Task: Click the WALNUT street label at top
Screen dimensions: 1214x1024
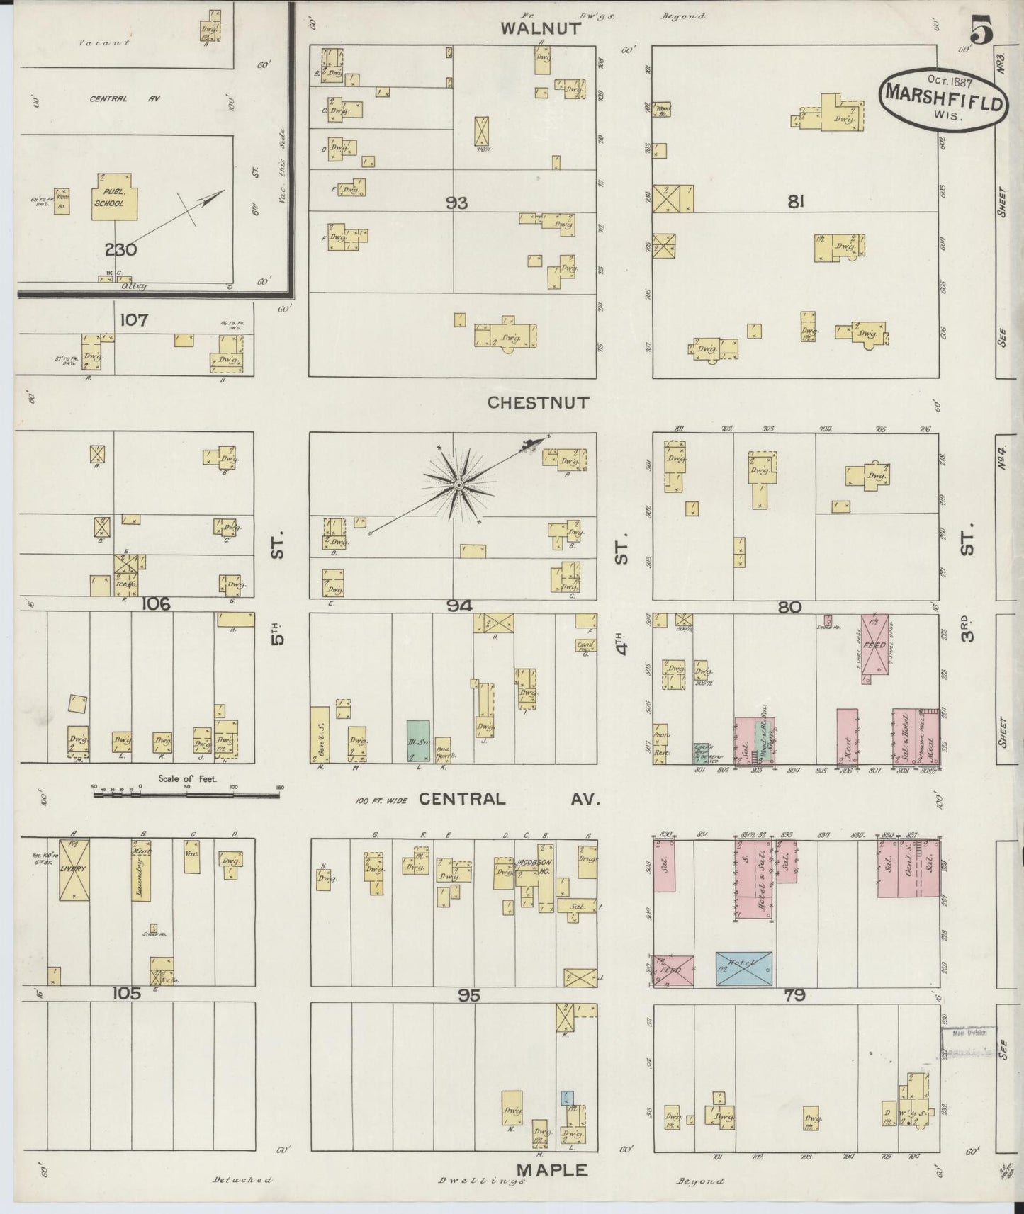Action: pyautogui.click(x=541, y=29)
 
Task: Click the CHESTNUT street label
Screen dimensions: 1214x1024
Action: pyautogui.click(x=538, y=403)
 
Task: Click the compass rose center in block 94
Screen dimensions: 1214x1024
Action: pyautogui.click(x=458, y=485)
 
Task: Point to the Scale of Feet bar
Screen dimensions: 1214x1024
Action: pyautogui.click(x=187, y=795)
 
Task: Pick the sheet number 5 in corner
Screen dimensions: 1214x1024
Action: pyautogui.click(x=981, y=32)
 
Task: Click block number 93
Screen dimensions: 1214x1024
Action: pyautogui.click(x=456, y=203)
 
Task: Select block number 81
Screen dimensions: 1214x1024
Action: pyautogui.click(x=795, y=203)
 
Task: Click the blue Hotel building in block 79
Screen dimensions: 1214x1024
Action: pyautogui.click(x=743, y=968)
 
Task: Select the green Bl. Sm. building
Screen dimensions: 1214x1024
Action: pyautogui.click(x=417, y=740)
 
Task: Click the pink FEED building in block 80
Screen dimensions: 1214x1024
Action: pyautogui.click(x=875, y=648)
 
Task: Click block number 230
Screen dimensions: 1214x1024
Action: pyautogui.click(x=120, y=249)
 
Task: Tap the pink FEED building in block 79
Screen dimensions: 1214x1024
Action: pyautogui.click(x=673, y=971)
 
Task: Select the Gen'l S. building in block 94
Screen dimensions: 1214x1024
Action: pyautogui.click(x=320, y=734)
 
